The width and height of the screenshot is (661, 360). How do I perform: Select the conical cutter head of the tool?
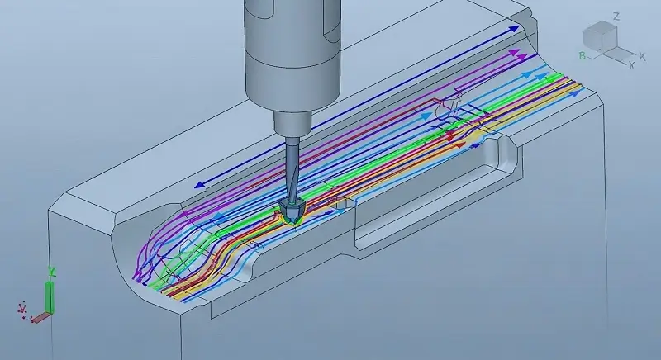[292, 211]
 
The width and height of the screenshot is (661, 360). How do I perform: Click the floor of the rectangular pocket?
[430, 206]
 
